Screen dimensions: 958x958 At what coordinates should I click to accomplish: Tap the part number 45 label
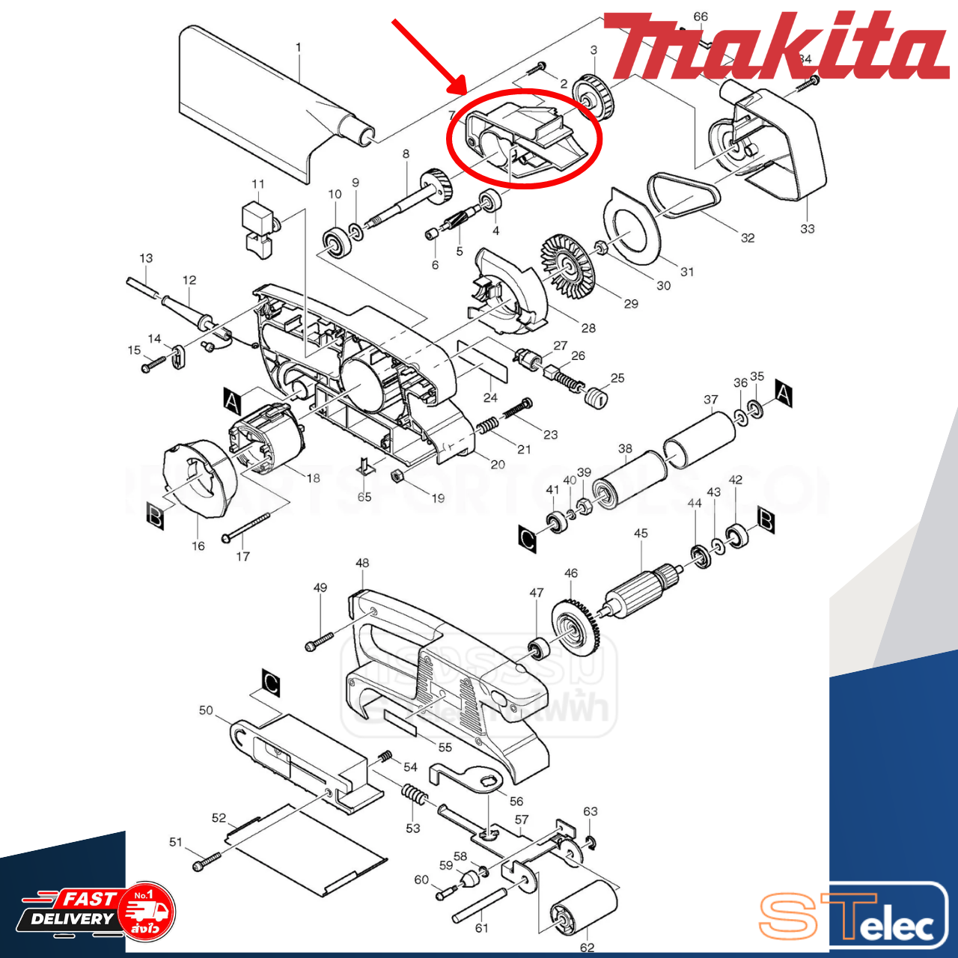pyautogui.click(x=641, y=534)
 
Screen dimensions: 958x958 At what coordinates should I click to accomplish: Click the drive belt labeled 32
pyautogui.click(x=683, y=196)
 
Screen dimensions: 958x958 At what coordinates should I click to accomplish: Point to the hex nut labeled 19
pyautogui.click(x=398, y=476)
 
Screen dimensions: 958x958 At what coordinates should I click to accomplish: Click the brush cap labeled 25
pyautogui.click(x=596, y=397)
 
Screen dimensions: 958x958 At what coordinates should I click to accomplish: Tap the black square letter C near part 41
pyautogui.click(x=527, y=538)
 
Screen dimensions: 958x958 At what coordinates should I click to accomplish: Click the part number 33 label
pyautogui.click(x=807, y=228)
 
